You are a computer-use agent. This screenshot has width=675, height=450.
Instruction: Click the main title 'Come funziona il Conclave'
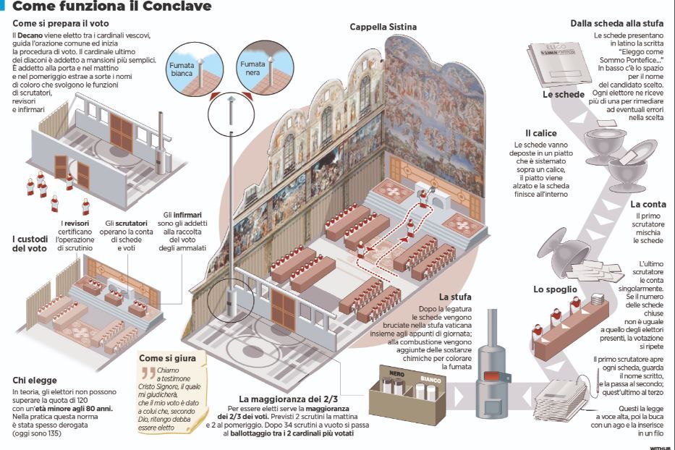112,7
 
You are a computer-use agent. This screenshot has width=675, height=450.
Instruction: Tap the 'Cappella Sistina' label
383,27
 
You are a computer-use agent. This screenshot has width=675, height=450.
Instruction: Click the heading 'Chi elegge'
36,380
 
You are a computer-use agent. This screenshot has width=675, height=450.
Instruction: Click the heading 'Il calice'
540,133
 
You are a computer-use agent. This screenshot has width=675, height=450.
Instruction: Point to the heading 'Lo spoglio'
555,289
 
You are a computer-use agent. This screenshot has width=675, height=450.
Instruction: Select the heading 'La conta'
647,205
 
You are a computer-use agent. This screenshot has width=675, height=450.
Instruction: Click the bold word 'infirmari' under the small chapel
187,215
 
